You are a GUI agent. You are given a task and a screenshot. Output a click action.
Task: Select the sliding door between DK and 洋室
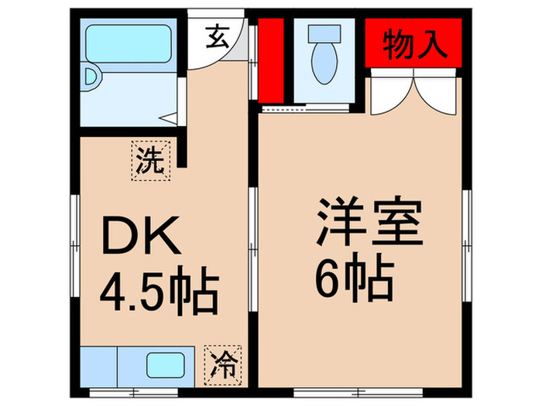(x=253, y=247)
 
